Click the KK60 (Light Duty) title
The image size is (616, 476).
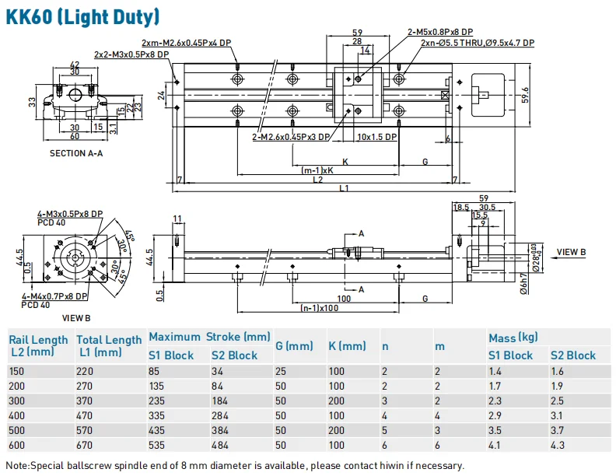coord(83,16)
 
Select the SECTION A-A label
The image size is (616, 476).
coord(76,153)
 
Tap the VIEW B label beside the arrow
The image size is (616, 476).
coord(571,252)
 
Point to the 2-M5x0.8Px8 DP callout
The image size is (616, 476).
coord(441,32)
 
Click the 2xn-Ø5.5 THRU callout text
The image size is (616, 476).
coord(477,44)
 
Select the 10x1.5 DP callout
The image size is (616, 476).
coord(376,136)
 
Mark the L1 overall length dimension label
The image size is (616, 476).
coord(343,188)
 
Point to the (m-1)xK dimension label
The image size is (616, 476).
coord(317,170)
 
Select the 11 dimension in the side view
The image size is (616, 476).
coord(177,218)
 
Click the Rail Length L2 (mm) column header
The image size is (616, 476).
coord(38,345)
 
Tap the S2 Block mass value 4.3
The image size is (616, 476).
coord(558,445)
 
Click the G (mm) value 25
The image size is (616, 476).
coord(282,371)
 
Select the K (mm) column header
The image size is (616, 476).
coord(347,345)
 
